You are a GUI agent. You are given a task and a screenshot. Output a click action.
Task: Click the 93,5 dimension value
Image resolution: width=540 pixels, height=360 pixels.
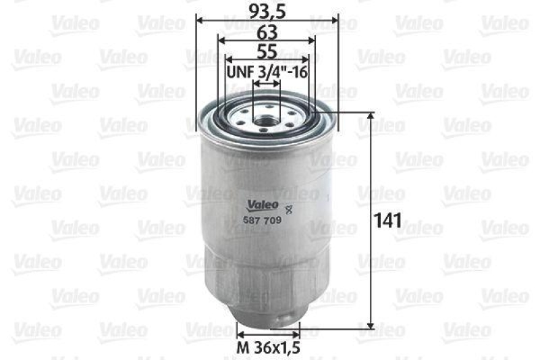(x=267, y=11)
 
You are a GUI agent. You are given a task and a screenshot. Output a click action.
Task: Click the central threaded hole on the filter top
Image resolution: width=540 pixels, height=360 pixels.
(x=266, y=124)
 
